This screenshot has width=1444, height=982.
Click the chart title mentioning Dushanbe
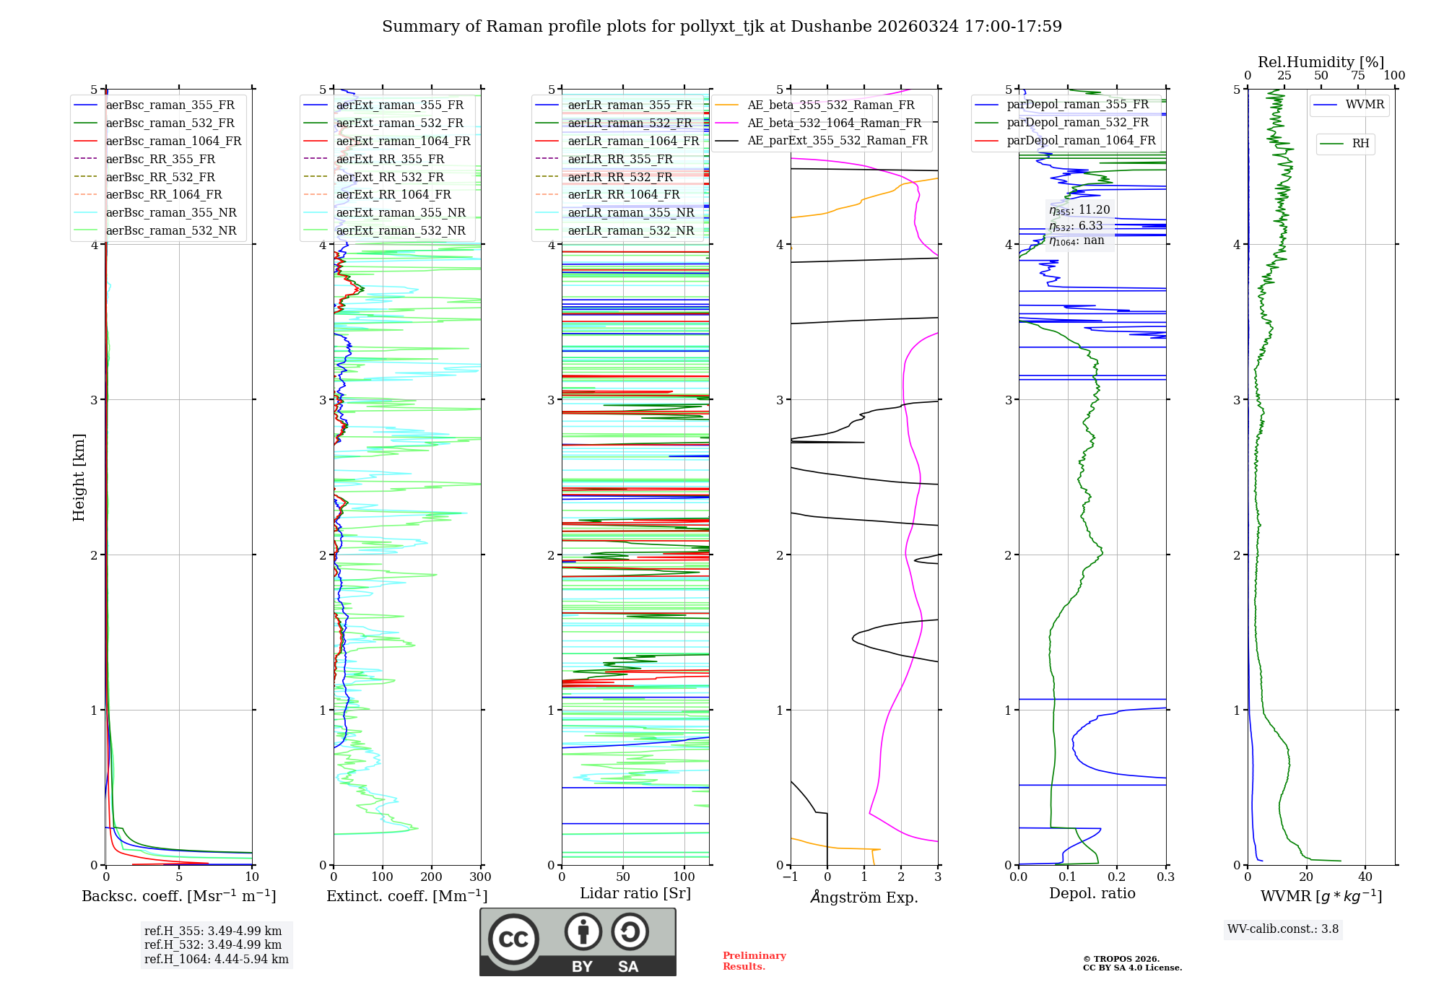pyautogui.click(x=721, y=27)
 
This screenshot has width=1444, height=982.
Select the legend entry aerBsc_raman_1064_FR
pyautogui.click(x=173, y=141)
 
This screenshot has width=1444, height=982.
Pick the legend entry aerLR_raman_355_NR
pyautogui.click(x=630, y=212)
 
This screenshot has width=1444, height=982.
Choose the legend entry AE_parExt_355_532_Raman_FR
pyautogui.click(x=837, y=140)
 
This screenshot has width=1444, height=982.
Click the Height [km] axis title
pyautogui.click(x=79, y=477)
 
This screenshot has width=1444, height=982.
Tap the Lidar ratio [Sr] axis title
pyautogui.click(x=635, y=893)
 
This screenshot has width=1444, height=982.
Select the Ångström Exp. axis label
pyautogui.click(x=864, y=897)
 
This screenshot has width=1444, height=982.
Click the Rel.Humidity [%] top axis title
pyautogui.click(x=1321, y=62)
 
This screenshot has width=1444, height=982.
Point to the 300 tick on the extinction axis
pyautogui.click(x=480, y=877)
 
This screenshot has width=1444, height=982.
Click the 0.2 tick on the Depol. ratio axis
pyautogui.click(x=1117, y=877)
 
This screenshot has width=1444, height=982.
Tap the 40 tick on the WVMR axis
pyautogui.click(x=1365, y=877)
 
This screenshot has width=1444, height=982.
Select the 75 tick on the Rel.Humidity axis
pyautogui.click(x=1358, y=76)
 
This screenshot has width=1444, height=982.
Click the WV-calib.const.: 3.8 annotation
pyautogui.click(x=1282, y=929)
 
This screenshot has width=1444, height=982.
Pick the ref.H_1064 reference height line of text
pyautogui.click(x=216, y=959)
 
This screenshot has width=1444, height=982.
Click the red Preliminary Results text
pyautogui.click(x=754, y=961)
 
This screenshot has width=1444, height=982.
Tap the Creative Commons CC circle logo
pyautogui.click(x=513, y=939)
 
